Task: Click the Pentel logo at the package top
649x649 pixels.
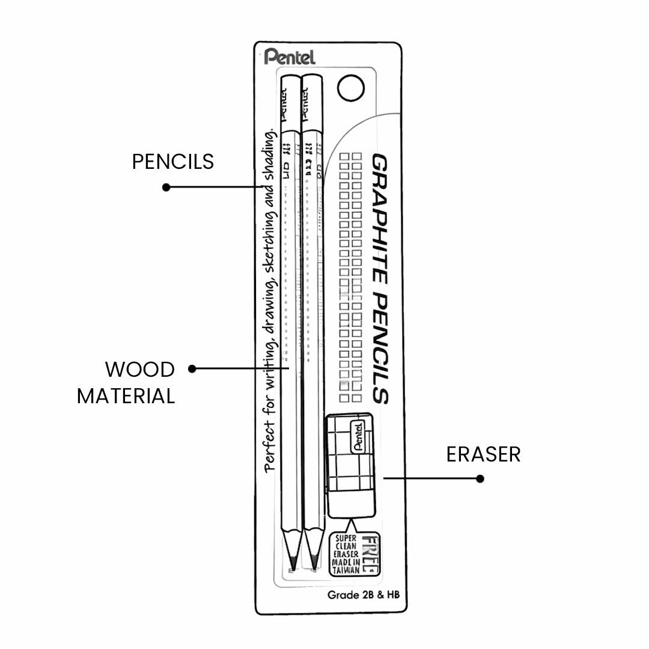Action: point(289,57)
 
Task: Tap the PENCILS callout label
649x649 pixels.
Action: point(173,161)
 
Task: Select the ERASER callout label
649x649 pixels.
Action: point(483,454)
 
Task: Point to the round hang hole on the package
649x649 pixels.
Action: point(352,88)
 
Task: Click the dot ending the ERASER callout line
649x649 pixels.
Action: point(480,479)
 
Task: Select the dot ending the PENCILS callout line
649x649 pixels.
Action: point(166,187)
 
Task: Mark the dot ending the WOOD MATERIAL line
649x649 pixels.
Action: point(192,368)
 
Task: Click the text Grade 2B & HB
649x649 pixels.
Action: point(364,595)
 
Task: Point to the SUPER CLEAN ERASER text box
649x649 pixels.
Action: point(348,553)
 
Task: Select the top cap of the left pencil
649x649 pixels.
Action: point(291,102)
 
